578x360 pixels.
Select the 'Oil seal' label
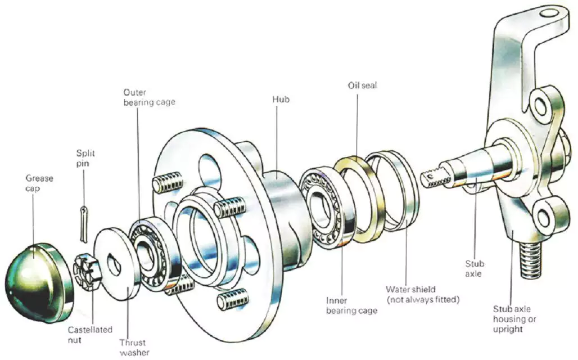click(x=362, y=85)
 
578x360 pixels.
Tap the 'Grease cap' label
click(x=39, y=183)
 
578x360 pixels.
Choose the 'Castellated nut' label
click(x=90, y=335)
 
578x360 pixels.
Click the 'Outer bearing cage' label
click(x=149, y=97)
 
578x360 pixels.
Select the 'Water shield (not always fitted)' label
click(x=422, y=294)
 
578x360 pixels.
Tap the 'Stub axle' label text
click(x=475, y=269)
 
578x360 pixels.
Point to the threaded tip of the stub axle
click(x=436, y=179)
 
